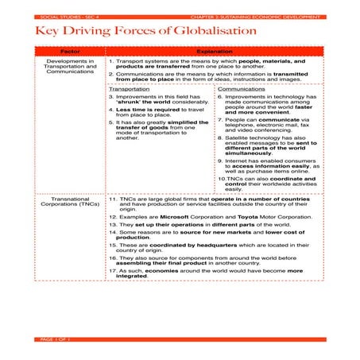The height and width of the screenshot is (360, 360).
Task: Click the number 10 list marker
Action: click(x=221, y=178)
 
